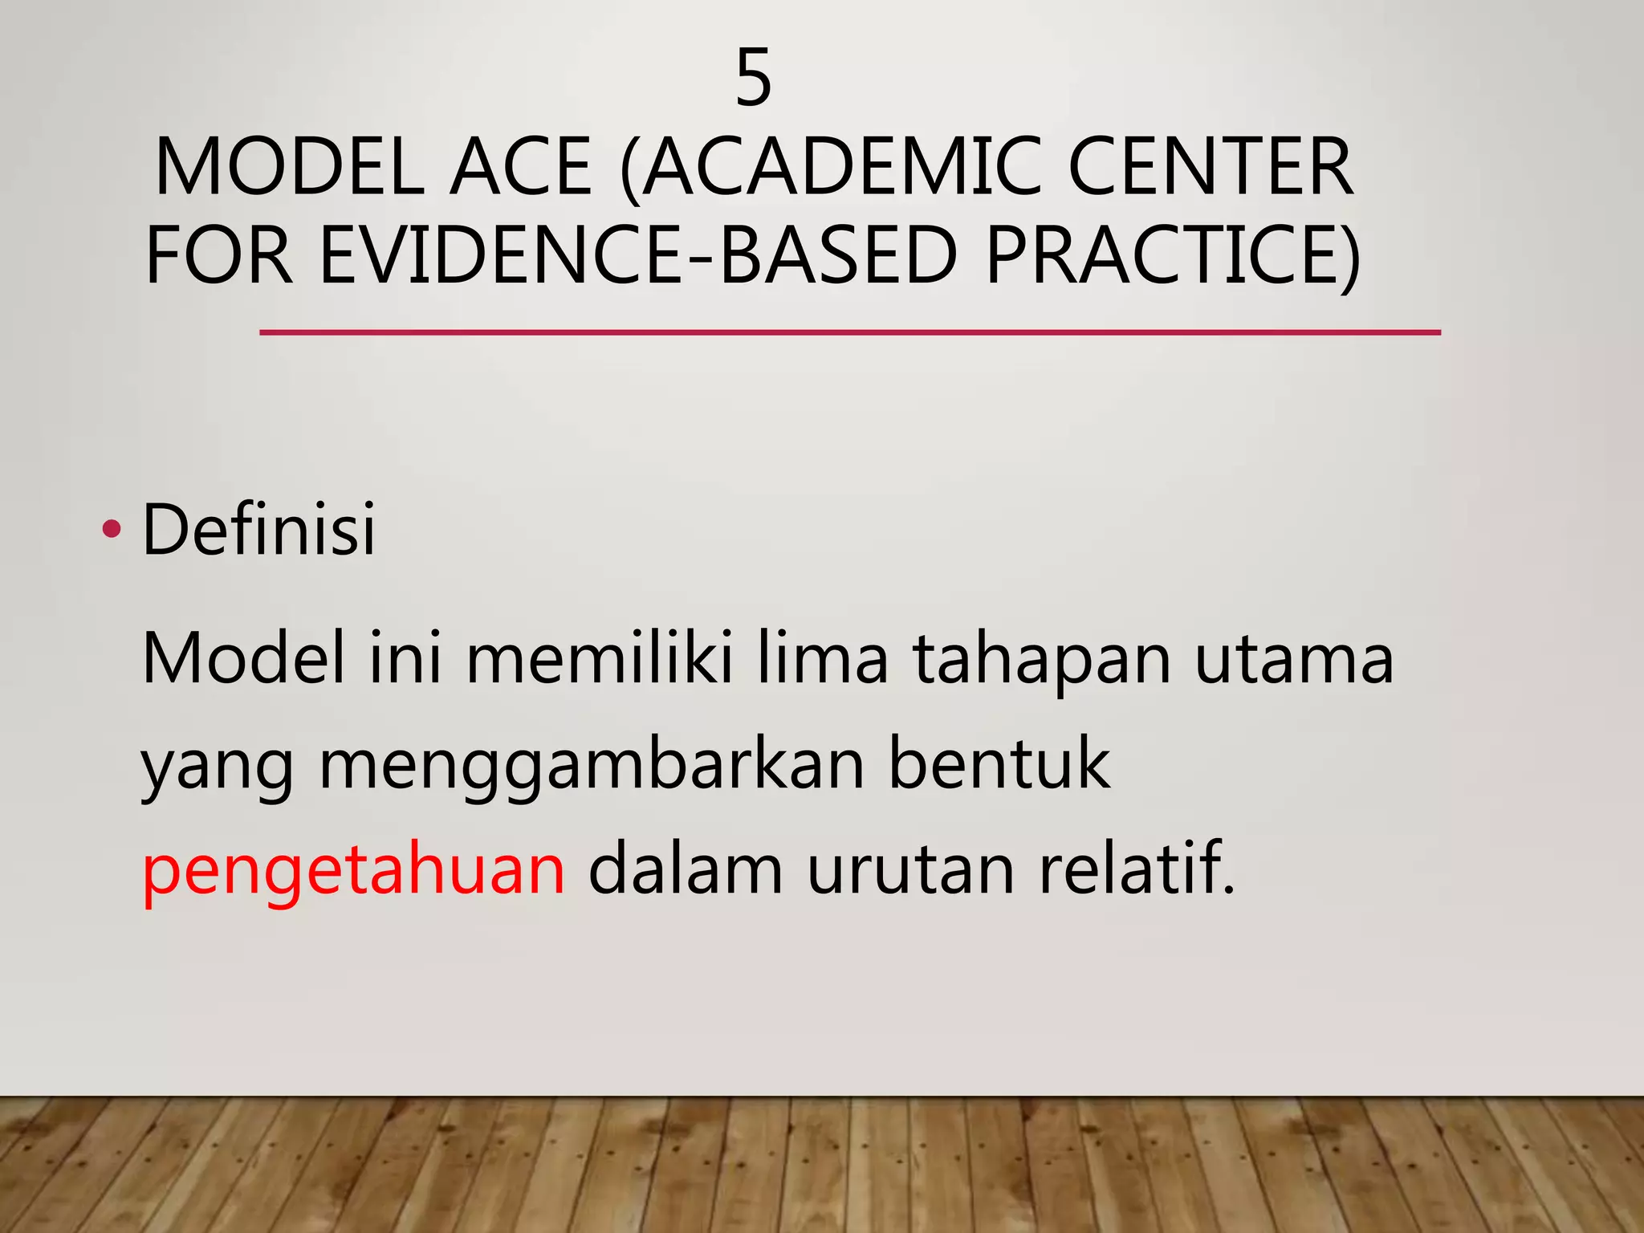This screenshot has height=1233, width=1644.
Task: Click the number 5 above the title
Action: click(753, 78)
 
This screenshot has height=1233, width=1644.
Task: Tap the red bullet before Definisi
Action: click(112, 528)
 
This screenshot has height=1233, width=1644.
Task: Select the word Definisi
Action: click(258, 528)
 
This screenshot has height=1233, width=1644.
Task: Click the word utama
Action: click(1294, 660)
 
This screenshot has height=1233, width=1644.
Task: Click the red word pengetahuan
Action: click(354, 871)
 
